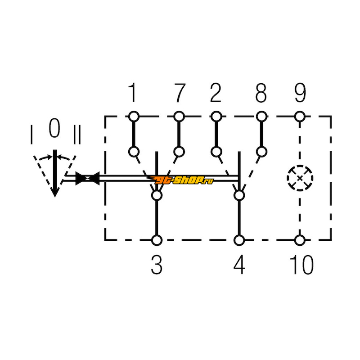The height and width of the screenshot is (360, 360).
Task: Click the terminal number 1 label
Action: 133,93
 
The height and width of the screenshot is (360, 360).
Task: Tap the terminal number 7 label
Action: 180,93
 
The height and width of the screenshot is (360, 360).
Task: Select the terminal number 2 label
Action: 216,93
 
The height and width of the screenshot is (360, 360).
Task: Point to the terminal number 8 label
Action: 261,93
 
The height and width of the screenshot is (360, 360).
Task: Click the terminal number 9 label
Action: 300,93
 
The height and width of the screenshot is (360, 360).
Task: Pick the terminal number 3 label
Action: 157,265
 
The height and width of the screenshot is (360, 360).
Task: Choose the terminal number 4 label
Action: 239,265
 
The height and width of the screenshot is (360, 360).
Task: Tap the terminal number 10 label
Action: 301,265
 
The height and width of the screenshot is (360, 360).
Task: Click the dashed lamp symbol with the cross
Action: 300,178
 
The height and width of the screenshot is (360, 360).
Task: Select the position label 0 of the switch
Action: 54,128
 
